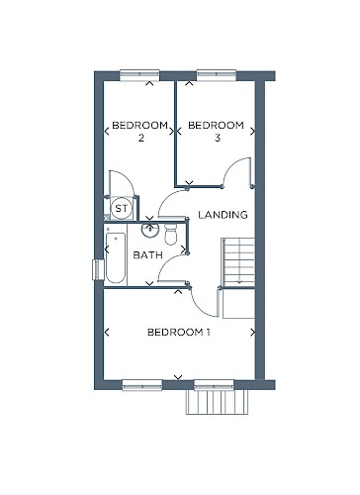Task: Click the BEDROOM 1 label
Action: click(178, 332)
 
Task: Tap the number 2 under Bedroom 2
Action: click(141, 138)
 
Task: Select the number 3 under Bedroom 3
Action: click(218, 138)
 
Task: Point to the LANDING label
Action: click(223, 215)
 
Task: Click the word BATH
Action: click(147, 255)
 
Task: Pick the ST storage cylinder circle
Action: click(121, 208)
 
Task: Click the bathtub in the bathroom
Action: click(116, 257)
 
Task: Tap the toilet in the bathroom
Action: click(171, 234)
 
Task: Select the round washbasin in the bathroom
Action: click(150, 230)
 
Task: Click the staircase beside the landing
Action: click(239, 262)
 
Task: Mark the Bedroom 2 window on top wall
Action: click(139, 75)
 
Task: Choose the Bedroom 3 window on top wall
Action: click(217, 75)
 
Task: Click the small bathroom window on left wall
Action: click(98, 269)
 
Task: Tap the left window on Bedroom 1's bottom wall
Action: click(142, 385)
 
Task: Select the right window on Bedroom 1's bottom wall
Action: click(214, 385)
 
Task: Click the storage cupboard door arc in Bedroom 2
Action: click(126, 179)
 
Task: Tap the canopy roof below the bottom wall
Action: click(218, 402)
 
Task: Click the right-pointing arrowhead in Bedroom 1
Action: click(252, 333)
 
